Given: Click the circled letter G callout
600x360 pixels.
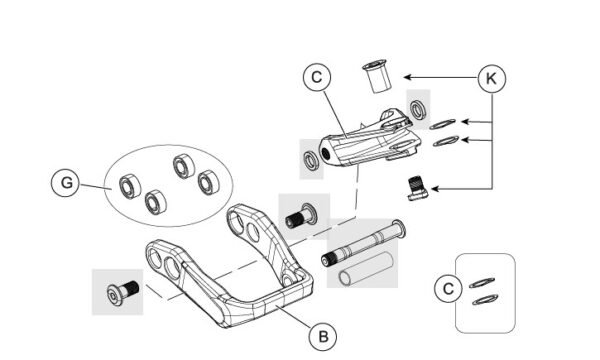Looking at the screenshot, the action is point(66,182).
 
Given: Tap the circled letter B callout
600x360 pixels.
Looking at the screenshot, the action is point(323,337).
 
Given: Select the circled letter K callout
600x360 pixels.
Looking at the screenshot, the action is point(492,78).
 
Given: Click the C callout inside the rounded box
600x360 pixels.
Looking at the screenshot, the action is point(448,288).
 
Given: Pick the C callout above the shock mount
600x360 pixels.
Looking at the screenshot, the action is point(317,77).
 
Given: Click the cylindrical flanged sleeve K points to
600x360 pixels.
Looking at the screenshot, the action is point(377,75).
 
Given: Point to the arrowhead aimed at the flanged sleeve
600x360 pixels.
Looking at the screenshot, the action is point(408,77).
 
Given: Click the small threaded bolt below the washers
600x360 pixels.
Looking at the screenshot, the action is point(417,188).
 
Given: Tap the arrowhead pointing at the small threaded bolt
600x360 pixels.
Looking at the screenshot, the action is point(435,189).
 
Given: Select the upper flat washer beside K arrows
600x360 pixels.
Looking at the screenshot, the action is point(442,124).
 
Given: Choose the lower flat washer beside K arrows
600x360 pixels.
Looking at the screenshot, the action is point(446,141).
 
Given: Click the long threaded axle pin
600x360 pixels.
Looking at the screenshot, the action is point(364,243).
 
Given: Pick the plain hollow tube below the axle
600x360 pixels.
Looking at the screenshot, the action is point(366,268).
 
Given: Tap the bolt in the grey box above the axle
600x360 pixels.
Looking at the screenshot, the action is point(301,216).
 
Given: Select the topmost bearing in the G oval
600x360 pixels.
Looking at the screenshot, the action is point(184,166).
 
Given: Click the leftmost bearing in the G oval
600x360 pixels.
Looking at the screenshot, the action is point(130,186).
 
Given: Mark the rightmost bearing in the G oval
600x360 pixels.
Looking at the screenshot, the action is point(209,182).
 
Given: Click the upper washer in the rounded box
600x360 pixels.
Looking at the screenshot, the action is point(482,283).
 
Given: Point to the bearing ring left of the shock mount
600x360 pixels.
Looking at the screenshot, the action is point(310,160).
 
